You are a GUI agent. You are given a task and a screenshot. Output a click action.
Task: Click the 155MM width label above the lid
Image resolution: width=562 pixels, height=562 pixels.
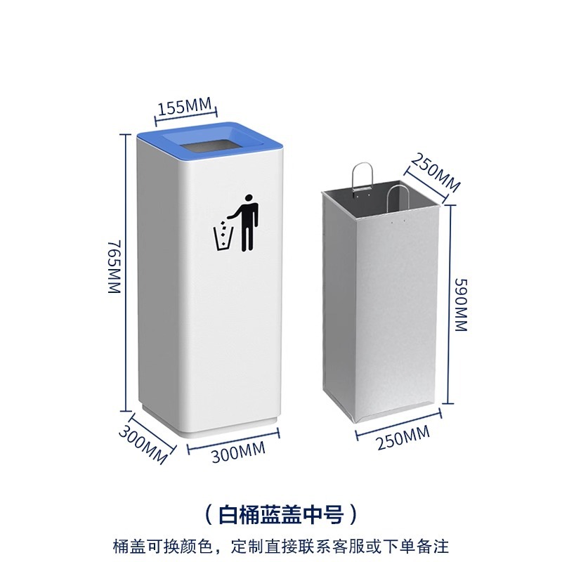coord(185,107)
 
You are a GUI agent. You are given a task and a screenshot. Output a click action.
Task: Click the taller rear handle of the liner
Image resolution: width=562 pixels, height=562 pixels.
coord(361,178)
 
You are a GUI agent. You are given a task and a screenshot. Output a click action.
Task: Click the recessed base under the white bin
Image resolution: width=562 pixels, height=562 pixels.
coord(211,427)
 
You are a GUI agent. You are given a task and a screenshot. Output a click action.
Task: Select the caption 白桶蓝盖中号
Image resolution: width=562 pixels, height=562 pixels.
coord(280,515)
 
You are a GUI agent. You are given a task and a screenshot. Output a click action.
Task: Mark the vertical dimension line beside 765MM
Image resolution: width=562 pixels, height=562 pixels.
coord(127,270)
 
